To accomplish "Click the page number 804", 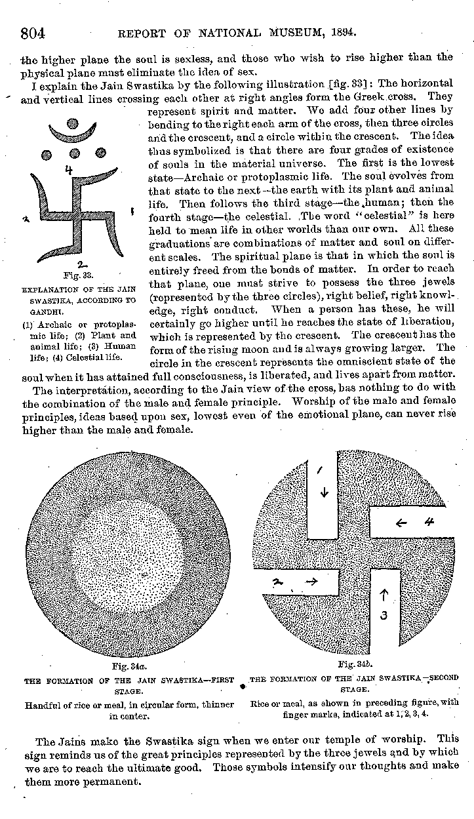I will [32, 31].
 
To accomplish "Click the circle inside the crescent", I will [73, 123].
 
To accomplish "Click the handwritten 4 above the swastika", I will [68, 171].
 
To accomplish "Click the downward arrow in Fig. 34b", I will [323, 492].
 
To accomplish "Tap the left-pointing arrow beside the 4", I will [401, 523].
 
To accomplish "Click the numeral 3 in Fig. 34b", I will [385, 615].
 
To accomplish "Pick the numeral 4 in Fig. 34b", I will [429, 523].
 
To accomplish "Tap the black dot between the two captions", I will [243, 687].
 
